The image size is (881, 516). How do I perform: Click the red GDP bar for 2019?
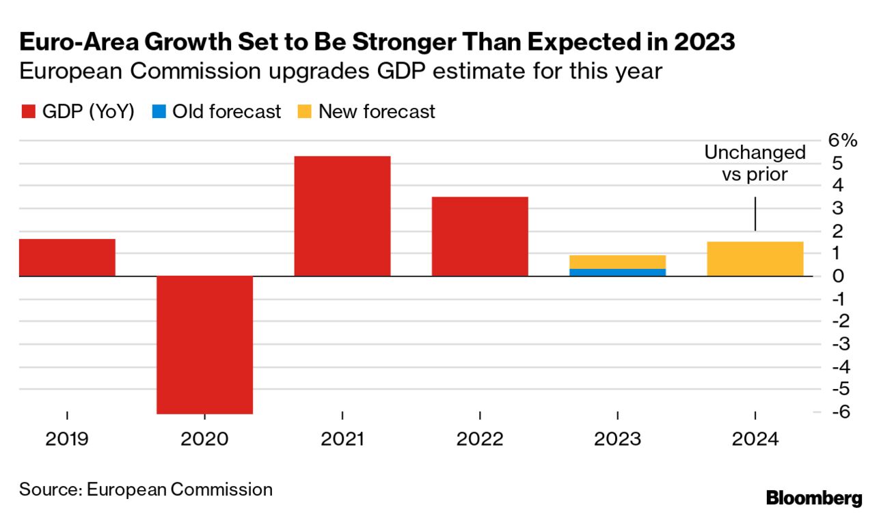pos(67,257)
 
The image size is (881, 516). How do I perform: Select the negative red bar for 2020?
pos(205,345)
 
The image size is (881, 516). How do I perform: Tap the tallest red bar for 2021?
pos(342,216)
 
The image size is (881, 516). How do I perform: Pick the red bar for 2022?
pos(480,236)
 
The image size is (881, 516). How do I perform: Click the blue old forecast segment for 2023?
pos(617,272)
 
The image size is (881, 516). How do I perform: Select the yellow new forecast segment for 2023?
pos(617,261)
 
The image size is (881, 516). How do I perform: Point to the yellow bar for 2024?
pos(755,259)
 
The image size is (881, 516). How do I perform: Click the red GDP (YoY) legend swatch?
pos(27,112)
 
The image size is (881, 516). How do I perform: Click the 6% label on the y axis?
pos(841,141)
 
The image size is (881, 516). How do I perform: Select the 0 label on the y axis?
pos(838,276)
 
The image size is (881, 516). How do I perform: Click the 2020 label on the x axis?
pos(204,439)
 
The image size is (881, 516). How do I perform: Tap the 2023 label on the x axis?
pos(617,439)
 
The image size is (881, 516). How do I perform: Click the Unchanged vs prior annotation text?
pos(755,163)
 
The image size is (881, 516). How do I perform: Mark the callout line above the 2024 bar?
pos(755,214)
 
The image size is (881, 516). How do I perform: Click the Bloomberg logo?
pos(814,498)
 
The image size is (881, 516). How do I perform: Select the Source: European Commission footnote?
pos(146,489)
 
